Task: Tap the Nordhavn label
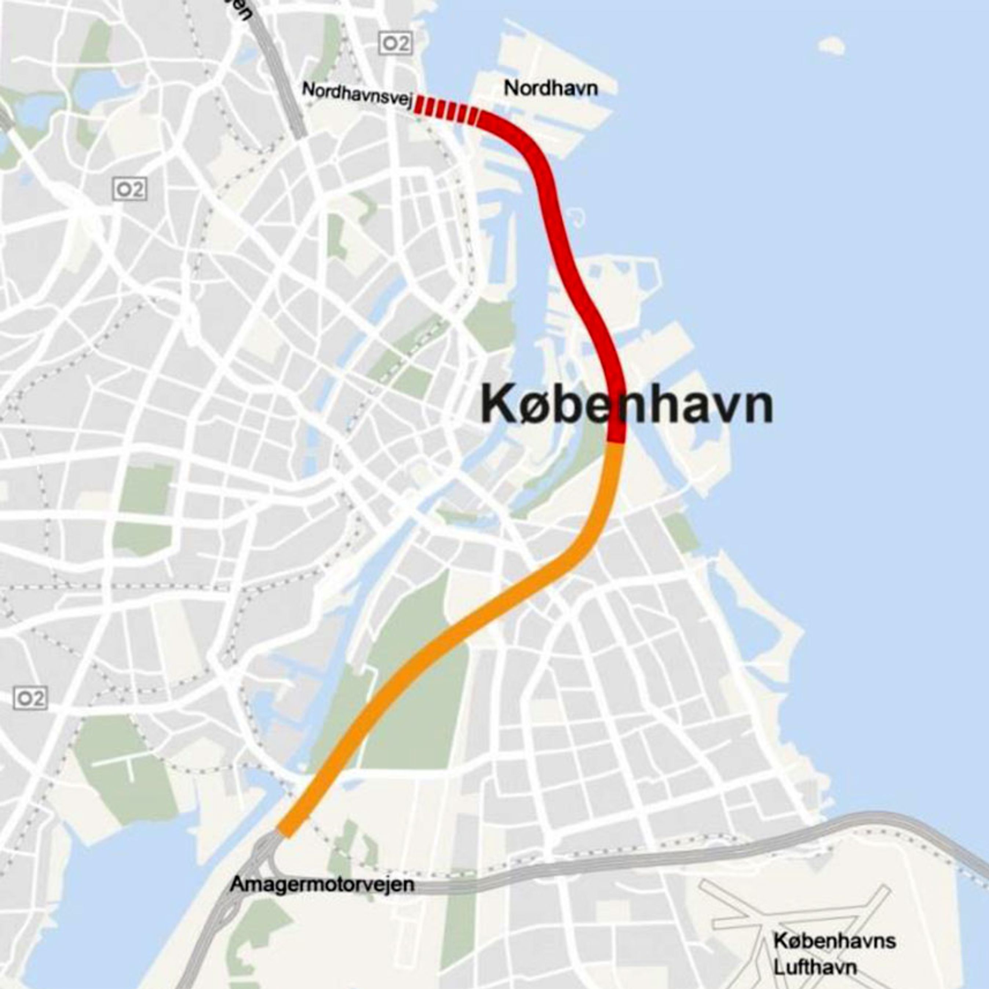point(551,88)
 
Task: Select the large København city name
point(627,405)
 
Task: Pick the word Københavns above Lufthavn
point(835,941)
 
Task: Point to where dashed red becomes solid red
point(478,117)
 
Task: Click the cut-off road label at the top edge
point(242,9)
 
